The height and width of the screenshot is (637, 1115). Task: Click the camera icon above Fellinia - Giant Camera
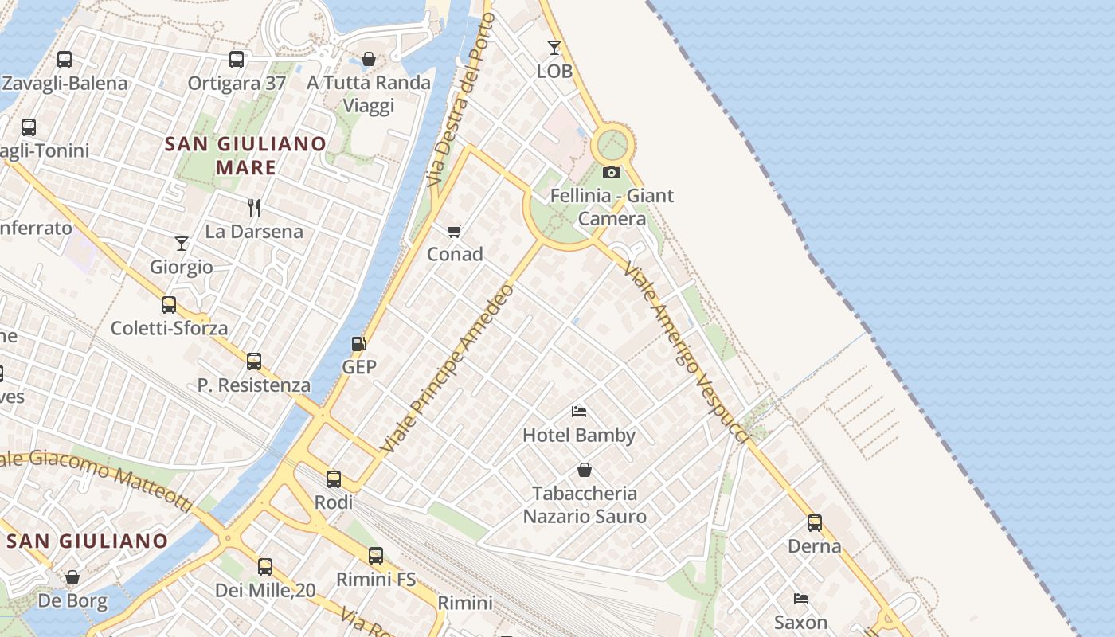[612, 172]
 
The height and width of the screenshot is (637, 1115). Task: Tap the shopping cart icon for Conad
[454, 231]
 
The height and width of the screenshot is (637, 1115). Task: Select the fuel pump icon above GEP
[359, 344]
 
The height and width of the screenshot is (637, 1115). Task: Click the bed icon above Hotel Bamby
[579, 412]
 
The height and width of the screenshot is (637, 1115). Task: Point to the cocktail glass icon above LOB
[554, 48]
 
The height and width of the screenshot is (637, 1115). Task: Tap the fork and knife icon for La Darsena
[254, 208]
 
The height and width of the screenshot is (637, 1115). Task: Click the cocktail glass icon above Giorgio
[182, 243]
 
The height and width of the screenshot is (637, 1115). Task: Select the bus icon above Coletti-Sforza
[169, 304]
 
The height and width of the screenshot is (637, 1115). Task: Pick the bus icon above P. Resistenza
[254, 361]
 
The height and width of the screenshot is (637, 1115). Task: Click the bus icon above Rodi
[334, 479]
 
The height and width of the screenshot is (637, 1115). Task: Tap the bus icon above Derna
[815, 523]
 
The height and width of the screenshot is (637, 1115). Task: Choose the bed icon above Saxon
[801, 599]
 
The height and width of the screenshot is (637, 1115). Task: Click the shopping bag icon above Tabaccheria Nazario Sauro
[585, 470]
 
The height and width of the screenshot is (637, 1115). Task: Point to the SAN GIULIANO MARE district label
[245, 155]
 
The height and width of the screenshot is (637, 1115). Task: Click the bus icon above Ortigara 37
[237, 60]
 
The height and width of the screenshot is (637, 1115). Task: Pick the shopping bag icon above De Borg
[72, 577]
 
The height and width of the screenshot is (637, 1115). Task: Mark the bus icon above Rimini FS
[376, 556]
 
